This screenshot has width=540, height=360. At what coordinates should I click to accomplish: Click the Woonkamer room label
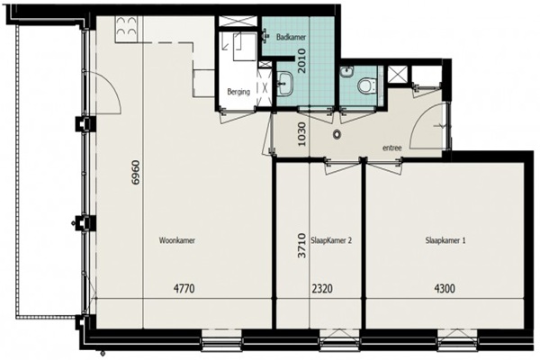click(177, 240)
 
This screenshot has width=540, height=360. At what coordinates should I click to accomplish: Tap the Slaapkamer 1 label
click(445, 240)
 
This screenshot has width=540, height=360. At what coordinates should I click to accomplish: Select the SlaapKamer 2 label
click(331, 240)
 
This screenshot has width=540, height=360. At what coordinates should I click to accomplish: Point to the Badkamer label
click(291, 37)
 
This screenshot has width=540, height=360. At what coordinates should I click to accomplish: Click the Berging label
click(238, 92)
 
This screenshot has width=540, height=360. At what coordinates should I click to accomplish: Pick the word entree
click(392, 148)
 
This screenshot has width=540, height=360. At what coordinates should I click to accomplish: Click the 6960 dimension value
click(137, 172)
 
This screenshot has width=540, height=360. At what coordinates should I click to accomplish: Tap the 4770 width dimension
click(184, 288)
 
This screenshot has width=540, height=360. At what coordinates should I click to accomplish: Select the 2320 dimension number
click(322, 288)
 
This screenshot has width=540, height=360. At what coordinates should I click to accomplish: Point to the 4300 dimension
click(445, 288)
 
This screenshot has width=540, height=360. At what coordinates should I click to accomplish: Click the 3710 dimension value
click(301, 246)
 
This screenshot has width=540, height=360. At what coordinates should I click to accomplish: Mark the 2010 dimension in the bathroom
click(301, 60)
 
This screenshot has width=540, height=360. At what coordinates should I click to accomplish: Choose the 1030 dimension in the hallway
click(301, 133)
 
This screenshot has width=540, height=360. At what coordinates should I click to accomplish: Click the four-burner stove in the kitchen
click(126, 27)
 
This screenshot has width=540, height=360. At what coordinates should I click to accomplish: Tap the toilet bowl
click(364, 85)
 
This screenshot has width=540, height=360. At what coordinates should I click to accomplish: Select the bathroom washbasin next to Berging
click(285, 84)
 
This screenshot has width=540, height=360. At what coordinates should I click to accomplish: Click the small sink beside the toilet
click(346, 71)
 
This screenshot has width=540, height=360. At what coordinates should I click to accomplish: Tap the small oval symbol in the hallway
click(337, 134)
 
